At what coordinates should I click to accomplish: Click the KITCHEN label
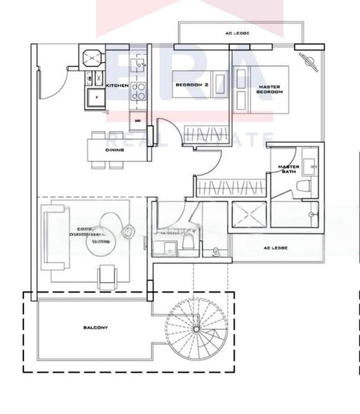click(x=117, y=85)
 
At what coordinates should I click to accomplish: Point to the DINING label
click(x=114, y=150)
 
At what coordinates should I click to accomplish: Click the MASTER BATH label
click(x=288, y=169)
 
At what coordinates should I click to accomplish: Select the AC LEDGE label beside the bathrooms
click(x=275, y=248)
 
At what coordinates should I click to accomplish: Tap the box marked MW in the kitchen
click(x=137, y=121)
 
